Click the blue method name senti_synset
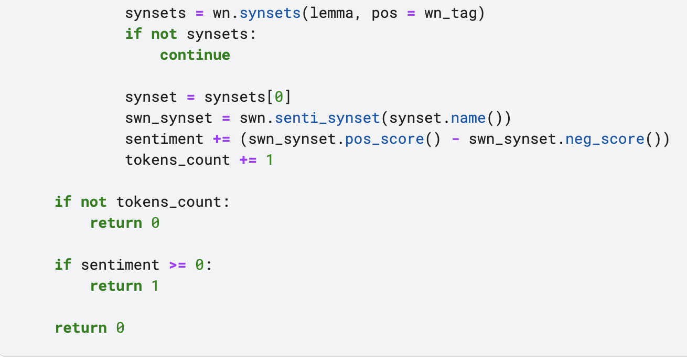pos(327,118)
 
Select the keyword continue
pos(195,55)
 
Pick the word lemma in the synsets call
pos(331,13)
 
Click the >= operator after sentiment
pos(177,265)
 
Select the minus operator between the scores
pos(455,139)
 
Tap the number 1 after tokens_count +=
pos(270,160)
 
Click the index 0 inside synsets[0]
pos(279,97)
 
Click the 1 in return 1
pos(155,286)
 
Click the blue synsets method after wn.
pos(270,13)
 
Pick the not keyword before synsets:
pos(164,34)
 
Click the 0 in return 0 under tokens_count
pos(155,223)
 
